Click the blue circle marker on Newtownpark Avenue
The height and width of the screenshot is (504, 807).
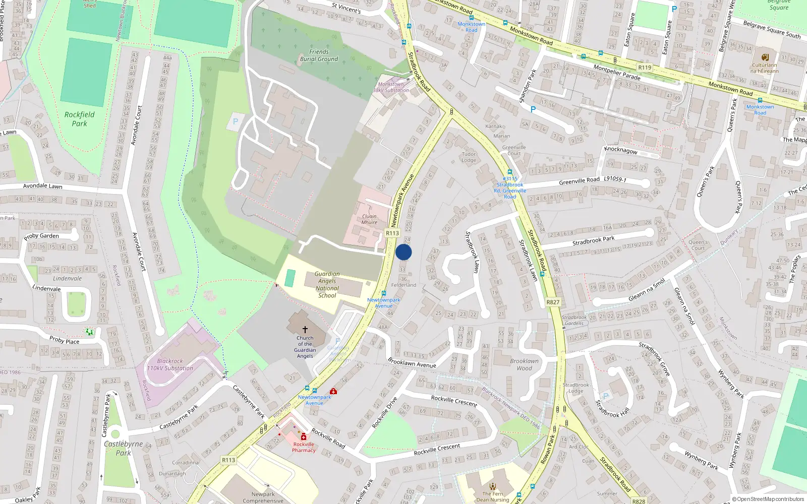[403, 252]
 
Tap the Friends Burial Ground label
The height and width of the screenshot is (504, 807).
[319, 55]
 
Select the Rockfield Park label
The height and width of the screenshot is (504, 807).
[79, 119]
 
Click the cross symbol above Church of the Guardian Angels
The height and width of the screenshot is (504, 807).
[305, 329]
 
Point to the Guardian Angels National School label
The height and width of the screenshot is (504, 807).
[327, 285]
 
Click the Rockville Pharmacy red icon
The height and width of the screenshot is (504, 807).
[304, 437]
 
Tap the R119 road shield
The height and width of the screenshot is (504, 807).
[645, 68]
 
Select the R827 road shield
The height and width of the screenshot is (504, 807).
[553, 302]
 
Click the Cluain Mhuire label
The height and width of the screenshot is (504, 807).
[369, 219]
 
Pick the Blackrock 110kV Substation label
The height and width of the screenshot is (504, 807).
[170, 365]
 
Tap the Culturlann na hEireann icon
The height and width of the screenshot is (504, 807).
[765, 57]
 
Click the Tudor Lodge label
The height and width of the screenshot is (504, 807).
[469, 157]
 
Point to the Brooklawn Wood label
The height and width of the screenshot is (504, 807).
[524, 364]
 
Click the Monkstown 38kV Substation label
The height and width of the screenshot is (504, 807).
[391, 87]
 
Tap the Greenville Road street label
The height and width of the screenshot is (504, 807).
[579, 180]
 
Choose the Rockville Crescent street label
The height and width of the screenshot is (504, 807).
[437, 450]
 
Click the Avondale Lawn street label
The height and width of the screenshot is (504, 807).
[43, 186]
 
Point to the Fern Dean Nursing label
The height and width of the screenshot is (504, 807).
[492, 497]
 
